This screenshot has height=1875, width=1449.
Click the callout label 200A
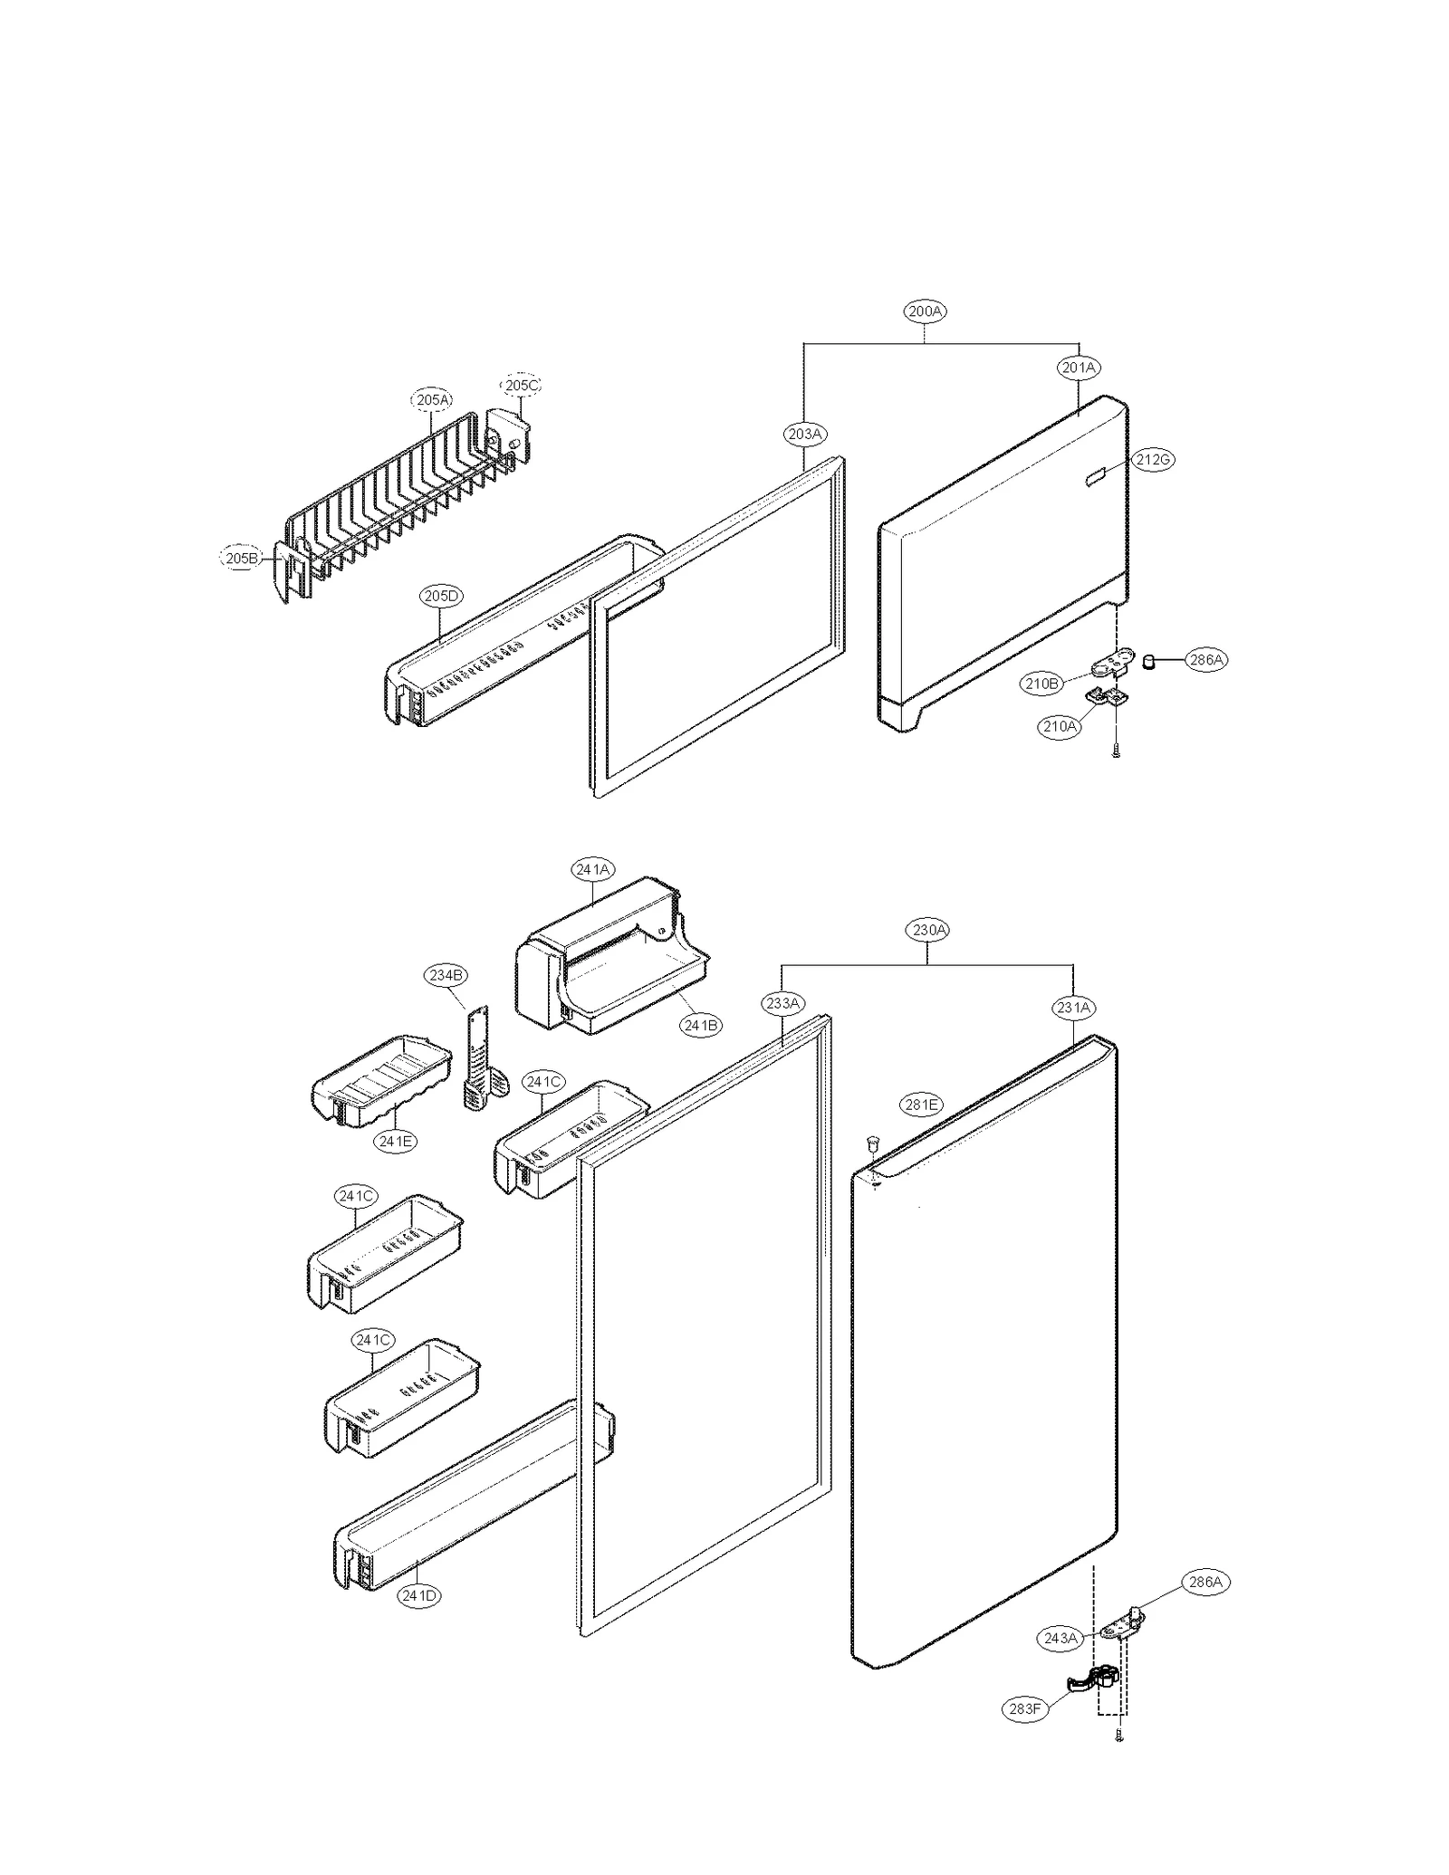tap(925, 311)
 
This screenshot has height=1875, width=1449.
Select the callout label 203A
tap(804, 434)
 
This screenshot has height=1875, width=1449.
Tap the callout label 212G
tap(1153, 460)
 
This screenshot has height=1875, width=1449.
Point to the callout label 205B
tap(242, 559)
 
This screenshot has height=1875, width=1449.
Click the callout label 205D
tap(441, 596)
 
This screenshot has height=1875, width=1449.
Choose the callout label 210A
tap(1060, 726)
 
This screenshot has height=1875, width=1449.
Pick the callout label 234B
tap(446, 975)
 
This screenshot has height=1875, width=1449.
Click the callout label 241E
tap(396, 1141)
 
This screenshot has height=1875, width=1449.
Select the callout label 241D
tap(418, 1596)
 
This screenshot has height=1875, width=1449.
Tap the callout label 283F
tap(1024, 1708)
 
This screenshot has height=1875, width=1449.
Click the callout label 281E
tap(921, 1104)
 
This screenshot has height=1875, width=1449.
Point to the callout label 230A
tap(929, 930)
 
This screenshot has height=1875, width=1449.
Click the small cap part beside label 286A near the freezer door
tap(1149, 661)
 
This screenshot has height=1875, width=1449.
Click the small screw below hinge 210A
tap(1116, 750)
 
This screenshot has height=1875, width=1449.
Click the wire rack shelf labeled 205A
tap(398, 507)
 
